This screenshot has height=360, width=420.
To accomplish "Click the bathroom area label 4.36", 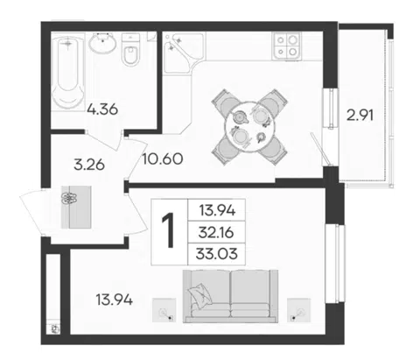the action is (102, 109).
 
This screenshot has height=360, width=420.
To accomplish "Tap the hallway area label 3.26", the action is (89, 166).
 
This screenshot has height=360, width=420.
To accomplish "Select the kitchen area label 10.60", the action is (163, 159).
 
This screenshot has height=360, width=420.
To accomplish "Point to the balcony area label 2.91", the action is (360, 116).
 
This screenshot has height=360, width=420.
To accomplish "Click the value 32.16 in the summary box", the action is (216, 233).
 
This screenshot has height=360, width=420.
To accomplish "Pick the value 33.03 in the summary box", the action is (217, 254).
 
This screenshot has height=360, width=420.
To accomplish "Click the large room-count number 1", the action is (169, 230).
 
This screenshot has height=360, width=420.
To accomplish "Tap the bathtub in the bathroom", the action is (68, 72).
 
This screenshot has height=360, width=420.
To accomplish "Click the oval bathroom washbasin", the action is (102, 44).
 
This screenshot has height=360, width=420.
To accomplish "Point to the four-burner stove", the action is (286, 46).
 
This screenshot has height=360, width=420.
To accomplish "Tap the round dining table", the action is (249, 126).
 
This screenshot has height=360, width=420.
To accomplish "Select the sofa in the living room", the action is (230, 296).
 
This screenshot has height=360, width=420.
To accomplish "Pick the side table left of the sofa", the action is (164, 310).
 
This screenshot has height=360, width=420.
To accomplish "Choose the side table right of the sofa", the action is (298, 310).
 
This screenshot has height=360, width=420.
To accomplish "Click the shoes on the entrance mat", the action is (69, 198).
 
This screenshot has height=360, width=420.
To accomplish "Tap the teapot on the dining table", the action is (241, 117).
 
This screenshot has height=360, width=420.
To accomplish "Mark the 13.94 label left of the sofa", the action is (115, 300).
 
